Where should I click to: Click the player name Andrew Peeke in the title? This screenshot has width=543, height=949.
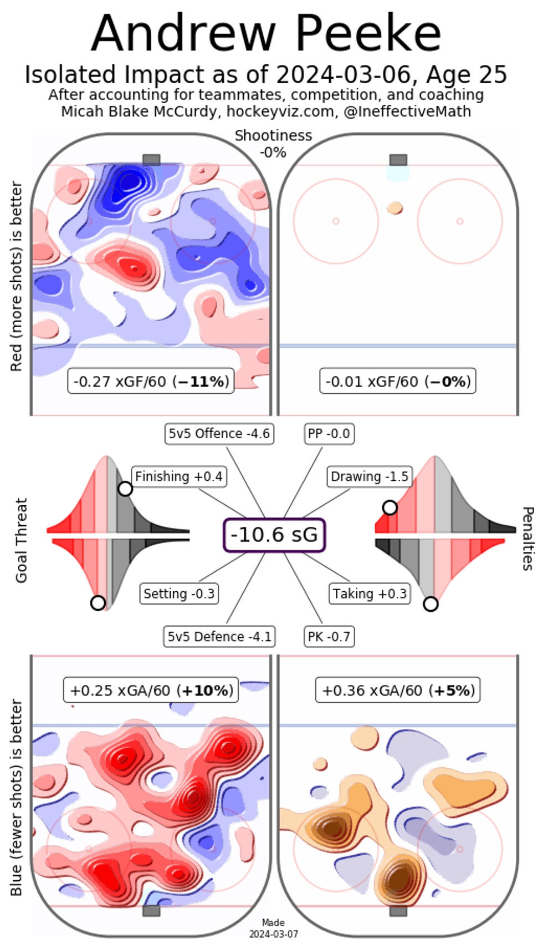[x=266, y=33]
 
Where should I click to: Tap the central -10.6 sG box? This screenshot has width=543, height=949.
[x=274, y=535]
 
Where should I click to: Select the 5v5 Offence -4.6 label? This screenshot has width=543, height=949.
[x=219, y=434]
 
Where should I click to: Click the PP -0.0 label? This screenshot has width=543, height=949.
[x=329, y=434]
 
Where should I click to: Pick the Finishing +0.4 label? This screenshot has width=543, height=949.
[x=178, y=476]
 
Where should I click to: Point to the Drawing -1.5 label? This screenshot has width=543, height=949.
[x=369, y=476]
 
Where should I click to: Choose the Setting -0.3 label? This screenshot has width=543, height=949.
[x=178, y=593]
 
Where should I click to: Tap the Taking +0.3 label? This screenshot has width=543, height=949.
[x=370, y=593]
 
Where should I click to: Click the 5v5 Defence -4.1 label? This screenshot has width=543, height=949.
[x=219, y=636]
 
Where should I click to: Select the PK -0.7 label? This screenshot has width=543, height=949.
[x=329, y=636]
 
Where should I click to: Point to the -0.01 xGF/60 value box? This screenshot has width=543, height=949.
[x=398, y=382]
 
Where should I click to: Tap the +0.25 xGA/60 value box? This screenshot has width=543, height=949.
[x=151, y=691]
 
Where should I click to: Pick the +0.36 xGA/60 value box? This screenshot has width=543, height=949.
[x=398, y=691]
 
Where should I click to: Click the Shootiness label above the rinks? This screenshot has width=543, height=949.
[x=273, y=136]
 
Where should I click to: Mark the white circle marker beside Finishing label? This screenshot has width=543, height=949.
[x=125, y=489]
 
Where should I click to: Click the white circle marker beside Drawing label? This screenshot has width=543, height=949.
[x=390, y=508]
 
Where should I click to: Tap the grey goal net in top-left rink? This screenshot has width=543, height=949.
[x=151, y=160]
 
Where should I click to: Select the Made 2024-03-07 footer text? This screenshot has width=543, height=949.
[x=273, y=928]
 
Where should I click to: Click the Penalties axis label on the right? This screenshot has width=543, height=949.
[x=527, y=538]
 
